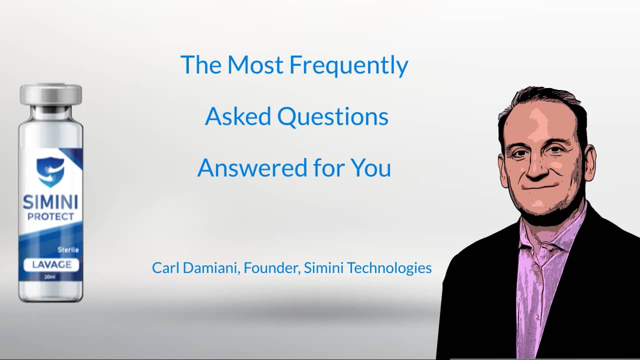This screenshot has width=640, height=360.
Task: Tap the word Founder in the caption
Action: [x=271, y=268]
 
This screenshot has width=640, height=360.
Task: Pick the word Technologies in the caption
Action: [x=389, y=268]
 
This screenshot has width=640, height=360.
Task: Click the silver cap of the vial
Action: [x=50, y=94]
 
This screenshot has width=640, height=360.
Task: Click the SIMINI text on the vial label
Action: [x=50, y=203]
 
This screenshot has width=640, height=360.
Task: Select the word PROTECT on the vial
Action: [x=50, y=217]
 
